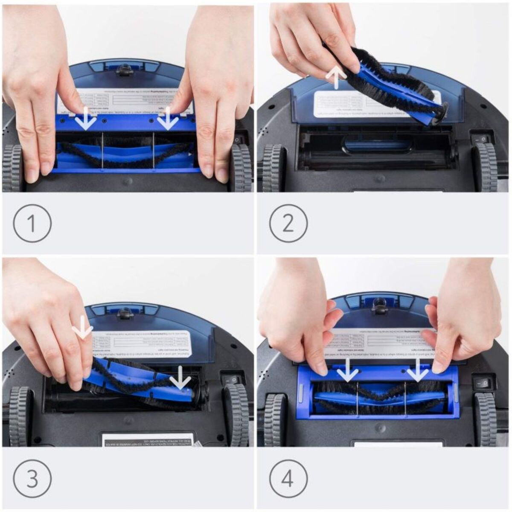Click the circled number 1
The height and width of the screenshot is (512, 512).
(32, 223)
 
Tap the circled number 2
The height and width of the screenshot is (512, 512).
(288, 223)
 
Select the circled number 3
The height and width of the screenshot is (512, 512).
(32, 478)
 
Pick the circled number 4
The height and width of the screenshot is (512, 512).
(288, 478)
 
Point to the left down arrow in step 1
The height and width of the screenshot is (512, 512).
(86, 119)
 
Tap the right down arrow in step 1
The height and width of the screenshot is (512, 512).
(168, 119)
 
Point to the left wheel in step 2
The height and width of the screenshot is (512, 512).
(273, 168)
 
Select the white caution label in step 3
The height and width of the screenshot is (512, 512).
(147, 439)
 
